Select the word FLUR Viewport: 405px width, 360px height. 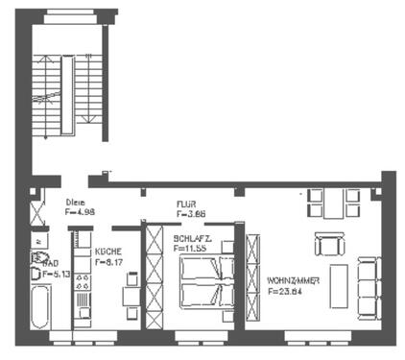coord(186,203)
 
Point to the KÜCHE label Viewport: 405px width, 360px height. coord(107,252)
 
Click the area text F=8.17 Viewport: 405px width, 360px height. coord(107,261)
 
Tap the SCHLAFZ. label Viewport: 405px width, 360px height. coord(193,238)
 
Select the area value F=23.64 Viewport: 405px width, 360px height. coord(286,291)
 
